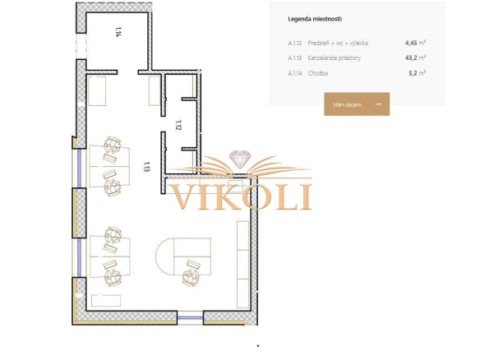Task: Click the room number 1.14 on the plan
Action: [x=118, y=32]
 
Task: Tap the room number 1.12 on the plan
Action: [x=178, y=125]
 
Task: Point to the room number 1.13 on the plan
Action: [x=146, y=167]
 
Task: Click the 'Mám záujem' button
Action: [x=357, y=104]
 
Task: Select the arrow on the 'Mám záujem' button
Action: [x=378, y=104]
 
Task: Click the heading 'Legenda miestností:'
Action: [x=315, y=19]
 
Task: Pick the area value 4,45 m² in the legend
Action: [x=415, y=43]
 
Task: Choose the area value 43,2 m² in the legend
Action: [x=415, y=58]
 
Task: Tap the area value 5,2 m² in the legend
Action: [x=418, y=73]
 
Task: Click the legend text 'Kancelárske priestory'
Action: [x=335, y=58]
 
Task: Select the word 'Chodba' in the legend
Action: [x=318, y=73]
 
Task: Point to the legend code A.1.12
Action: [x=295, y=44]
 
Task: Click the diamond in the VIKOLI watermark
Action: [x=240, y=159]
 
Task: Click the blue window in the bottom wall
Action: [x=190, y=318]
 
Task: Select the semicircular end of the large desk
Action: [x=164, y=256]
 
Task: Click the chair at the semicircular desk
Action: [x=191, y=277]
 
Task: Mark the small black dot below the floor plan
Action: [x=258, y=346]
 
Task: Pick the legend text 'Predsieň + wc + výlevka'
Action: [x=338, y=44]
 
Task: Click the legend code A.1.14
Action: [x=295, y=73]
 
